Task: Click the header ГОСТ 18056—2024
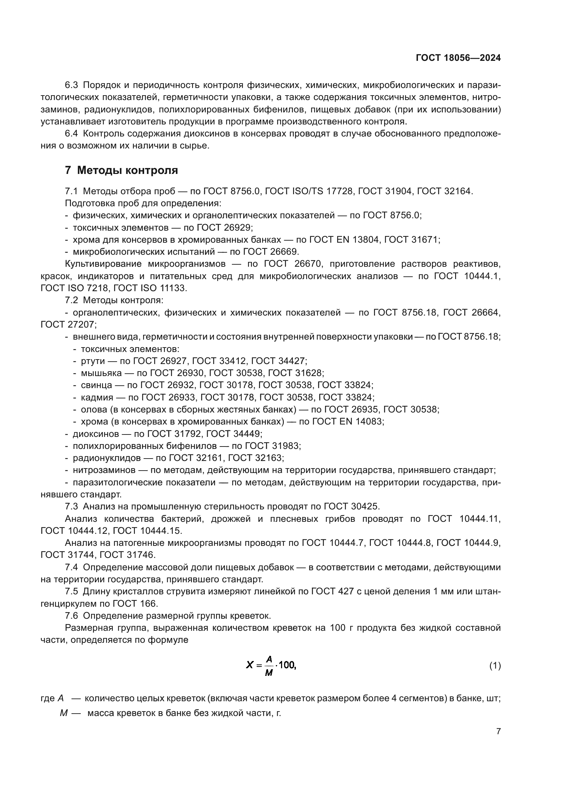pyautogui.click(x=458, y=58)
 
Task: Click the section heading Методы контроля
pyautogui.click(x=127, y=170)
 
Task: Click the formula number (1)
pyautogui.click(x=495, y=665)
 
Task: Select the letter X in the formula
pyautogui.click(x=249, y=665)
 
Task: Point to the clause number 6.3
pyautogui.click(x=72, y=85)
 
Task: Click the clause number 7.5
pyautogui.click(x=72, y=592)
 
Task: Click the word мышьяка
pyautogui.click(x=101, y=373)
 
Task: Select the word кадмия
pyautogui.click(x=97, y=397)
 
